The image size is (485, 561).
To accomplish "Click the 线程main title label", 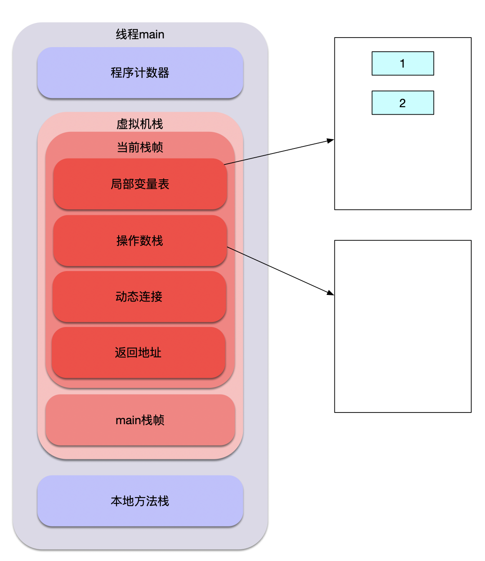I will pyautogui.click(x=140, y=34).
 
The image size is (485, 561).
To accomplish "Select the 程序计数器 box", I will pyautogui.click(x=140, y=73).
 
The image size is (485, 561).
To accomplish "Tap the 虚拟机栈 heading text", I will pyautogui.click(x=140, y=124).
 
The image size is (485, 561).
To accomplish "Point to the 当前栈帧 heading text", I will pyautogui.click(x=140, y=147).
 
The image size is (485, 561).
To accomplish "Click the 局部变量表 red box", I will pyautogui.click(x=140, y=184).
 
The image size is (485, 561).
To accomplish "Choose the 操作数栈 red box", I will pyautogui.click(x=140, y=241).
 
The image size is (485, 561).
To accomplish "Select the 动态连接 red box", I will pyautogui.click(x=139, y=297).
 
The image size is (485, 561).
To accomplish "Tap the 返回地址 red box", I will pyautogui.click(x=138, y=352).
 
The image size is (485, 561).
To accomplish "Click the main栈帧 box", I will pyautogui.click(x=140, y=420).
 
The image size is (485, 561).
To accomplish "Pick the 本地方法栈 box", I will pyautogui.click(x=140, y=501).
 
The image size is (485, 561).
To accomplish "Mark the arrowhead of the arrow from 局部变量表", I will pyautogui.click(x=331, y=141).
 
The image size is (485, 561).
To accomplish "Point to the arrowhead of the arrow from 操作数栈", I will pyautogui.click(x=331, y=293).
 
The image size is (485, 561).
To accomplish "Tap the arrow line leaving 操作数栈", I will pyautogui.click(x=280, y=270).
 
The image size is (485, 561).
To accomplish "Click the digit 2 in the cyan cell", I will pyautogui.click(x=402, y=103).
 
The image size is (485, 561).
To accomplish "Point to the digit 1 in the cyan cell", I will pyautogui.click(x=402, y=63).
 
